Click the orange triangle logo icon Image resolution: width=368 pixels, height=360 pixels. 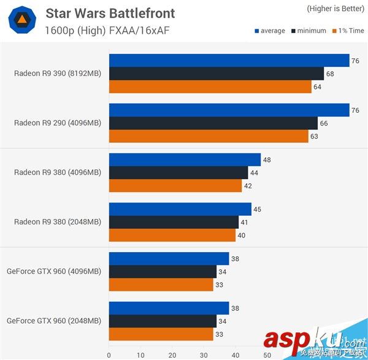tap(21, 21)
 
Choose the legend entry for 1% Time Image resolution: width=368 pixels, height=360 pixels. tap(347, 31)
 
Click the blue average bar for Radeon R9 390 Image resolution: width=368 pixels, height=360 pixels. tap(229, 60)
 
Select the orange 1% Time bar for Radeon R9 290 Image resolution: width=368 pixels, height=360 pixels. tap(209, 136)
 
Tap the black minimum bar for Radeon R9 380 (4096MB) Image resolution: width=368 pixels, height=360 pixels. tap(178, 172)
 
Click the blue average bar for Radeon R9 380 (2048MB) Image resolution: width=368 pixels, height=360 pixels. tap(180, 209)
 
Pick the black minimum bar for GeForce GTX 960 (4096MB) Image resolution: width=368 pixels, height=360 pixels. tap(163, 272)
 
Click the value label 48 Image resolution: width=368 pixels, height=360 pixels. tap(267, 160)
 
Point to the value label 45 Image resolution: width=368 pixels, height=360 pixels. tap(257, 210)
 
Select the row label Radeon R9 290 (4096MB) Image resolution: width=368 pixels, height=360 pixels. tap(58, 123)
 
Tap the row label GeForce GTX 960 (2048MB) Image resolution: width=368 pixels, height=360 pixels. tap(54, 320)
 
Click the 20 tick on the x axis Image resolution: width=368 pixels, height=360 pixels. tap(172, 354)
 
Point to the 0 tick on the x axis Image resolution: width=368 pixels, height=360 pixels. tap(109, 354)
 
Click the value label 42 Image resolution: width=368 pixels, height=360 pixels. tap(248, 185)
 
